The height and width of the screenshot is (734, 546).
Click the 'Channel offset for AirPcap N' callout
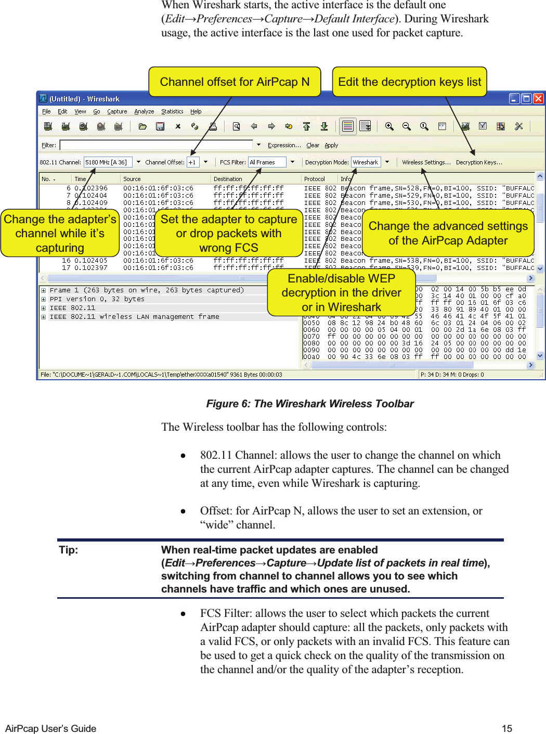pos(235,82)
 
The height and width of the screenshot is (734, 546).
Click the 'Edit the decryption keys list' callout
pos(409,82)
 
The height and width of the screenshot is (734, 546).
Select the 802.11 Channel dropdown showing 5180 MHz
pos(109,162)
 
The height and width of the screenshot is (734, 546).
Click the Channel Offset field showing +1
pos(193,162)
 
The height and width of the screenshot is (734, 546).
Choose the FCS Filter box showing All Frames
pos(267,162)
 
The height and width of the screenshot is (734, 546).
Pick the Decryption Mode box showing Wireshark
pos(366,162)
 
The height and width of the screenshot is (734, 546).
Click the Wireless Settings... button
pos(426,162)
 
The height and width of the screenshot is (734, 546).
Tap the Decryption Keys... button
pos(479,162)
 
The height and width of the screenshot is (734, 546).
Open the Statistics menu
pos(172,111)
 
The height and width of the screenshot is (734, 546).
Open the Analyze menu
pos(144,111)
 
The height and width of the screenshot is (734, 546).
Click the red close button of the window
pos(538,98)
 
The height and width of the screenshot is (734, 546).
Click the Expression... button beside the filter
pos(284,145)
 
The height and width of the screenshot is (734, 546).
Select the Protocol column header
pos(315,179)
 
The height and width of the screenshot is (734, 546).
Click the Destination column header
pos(228,179)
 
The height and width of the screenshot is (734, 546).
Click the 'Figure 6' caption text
pos(310,404)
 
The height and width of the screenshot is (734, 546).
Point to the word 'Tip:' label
pos(69,550)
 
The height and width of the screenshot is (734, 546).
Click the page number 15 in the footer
pos(507,728)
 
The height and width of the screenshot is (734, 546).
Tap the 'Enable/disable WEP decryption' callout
pos(341,292)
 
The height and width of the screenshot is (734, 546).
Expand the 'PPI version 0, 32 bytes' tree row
pos(44,299)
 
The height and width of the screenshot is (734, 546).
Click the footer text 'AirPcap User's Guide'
pos(50,728)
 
